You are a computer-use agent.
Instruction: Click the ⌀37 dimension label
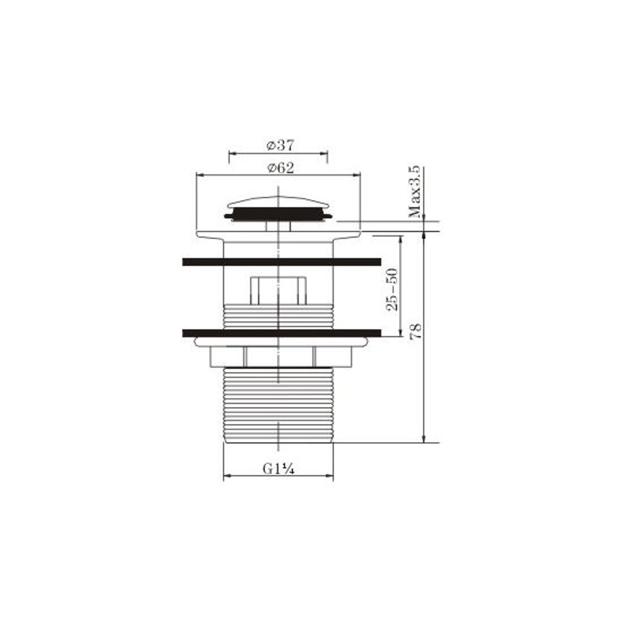coord(280,145)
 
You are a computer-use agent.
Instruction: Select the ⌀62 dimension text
coord(281,168)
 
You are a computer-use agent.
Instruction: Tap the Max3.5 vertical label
coord(415,191)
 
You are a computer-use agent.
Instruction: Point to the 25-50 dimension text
coord(392,289)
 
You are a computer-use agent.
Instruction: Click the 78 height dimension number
coord(416,331)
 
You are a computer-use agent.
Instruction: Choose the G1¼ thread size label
coord(279,469)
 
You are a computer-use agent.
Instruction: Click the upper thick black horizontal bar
coord(282,262)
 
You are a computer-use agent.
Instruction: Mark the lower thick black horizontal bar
coord(282,333)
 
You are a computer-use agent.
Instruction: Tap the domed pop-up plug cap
coord(278,202)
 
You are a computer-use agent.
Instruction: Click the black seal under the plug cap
coord(278,214)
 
